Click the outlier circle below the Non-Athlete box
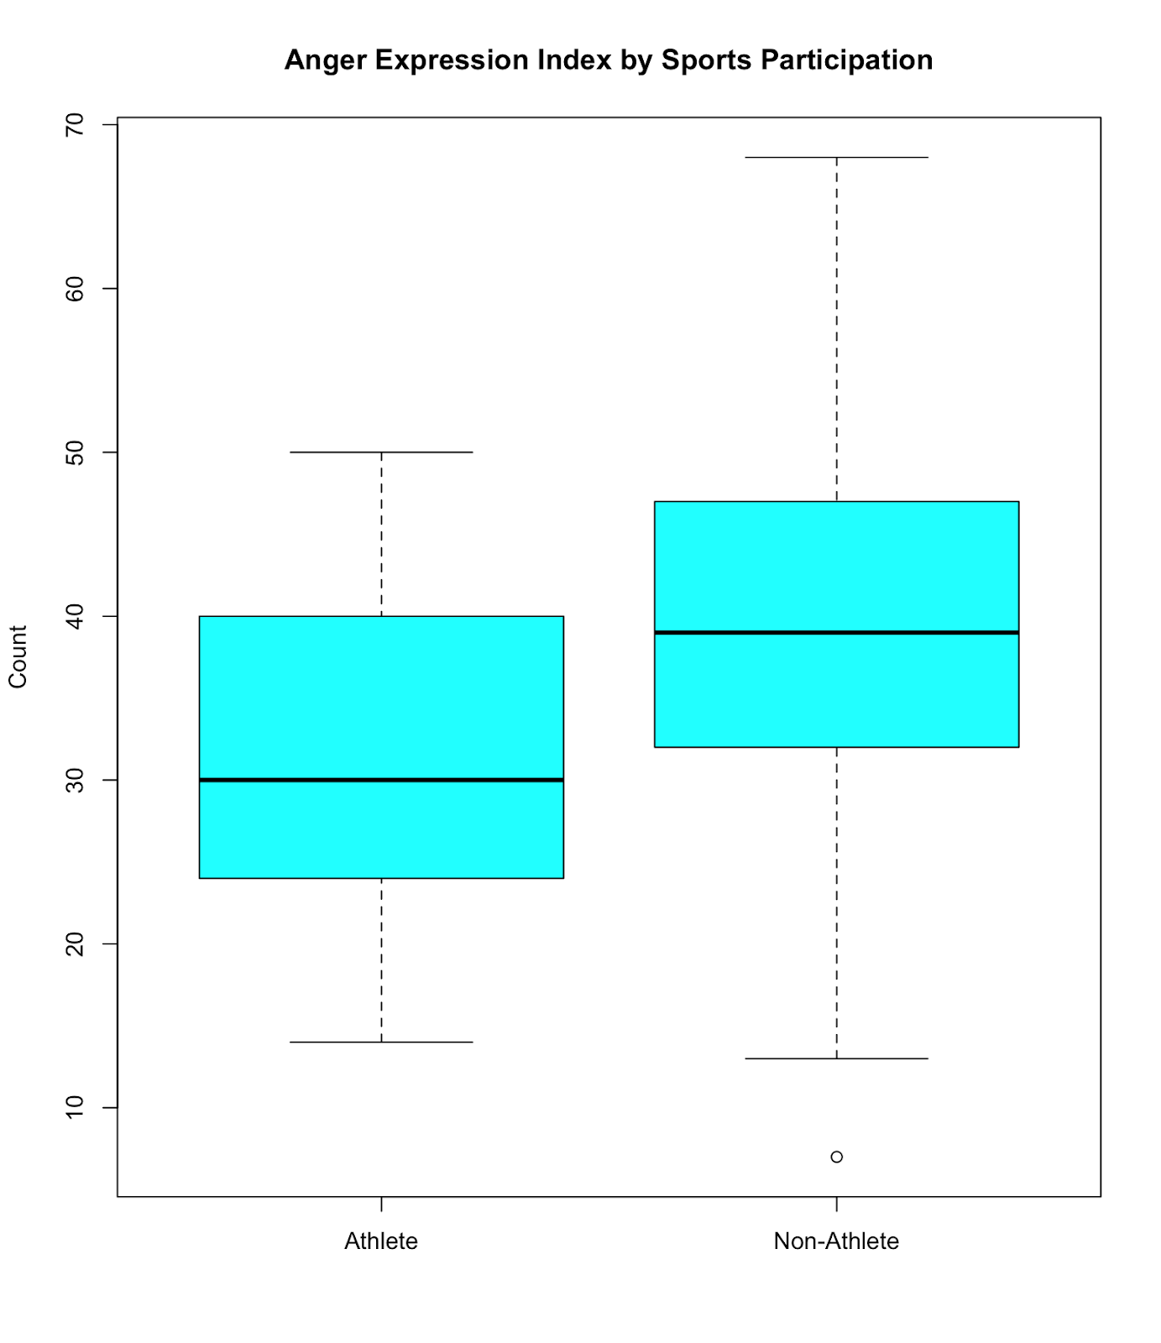836,1157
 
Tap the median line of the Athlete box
381,780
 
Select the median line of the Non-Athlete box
836,632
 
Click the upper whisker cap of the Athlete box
381,452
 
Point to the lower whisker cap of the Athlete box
381,1042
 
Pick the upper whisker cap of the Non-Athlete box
836,157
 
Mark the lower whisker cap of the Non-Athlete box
836,1058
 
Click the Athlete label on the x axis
381,1241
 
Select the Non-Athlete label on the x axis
836,1241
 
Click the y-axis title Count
18,656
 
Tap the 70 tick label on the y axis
75,125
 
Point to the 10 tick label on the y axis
75,1107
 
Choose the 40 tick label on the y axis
75,616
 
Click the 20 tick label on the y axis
75,943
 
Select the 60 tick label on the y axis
75,289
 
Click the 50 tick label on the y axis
75,452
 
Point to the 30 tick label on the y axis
75,780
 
